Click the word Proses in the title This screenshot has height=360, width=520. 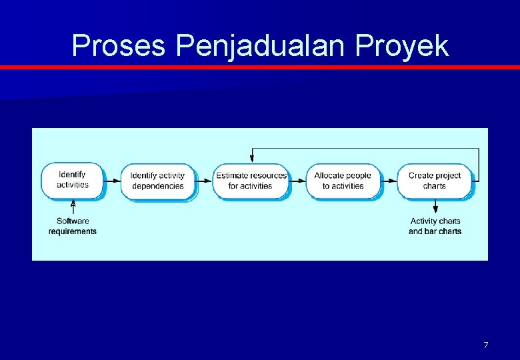(119, 46)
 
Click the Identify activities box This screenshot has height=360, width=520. (72, 180)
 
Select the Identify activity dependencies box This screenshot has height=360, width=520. (157, 181)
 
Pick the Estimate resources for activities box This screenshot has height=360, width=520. (251, 181)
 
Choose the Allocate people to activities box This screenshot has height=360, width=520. (343, 181)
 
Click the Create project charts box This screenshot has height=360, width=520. (435, 181)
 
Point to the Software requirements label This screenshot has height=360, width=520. (73, 226)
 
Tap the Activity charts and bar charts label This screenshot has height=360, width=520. (435, 226)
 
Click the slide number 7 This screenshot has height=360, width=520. (485, 345)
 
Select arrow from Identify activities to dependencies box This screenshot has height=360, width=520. (112, 180)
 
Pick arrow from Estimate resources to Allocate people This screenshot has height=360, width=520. (297, 180)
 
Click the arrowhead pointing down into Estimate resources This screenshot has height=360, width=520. (252, 159)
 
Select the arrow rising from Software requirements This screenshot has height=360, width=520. (73, 207)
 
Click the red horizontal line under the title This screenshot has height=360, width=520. (260, 67)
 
